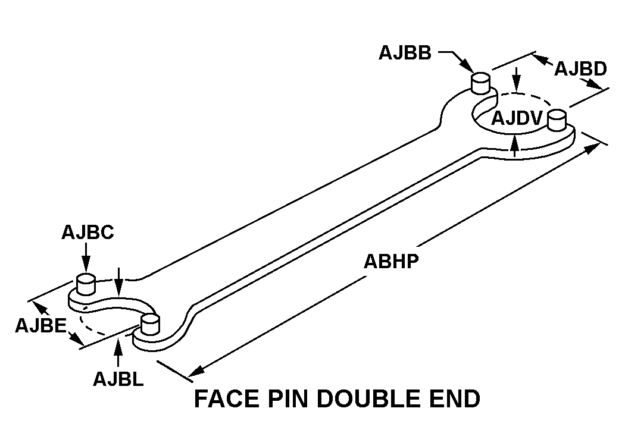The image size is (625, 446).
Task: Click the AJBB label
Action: point(405,53)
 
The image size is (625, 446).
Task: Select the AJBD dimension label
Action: point(580,69)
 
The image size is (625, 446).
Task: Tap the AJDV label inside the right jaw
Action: point(516,119)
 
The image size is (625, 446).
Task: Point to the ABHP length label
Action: point(392,262)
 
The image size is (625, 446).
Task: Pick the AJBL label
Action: point(118,379)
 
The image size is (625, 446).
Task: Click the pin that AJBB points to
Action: point(481,82)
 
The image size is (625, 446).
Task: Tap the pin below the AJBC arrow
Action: point(87,284)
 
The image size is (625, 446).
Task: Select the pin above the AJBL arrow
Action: point(149,325)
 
